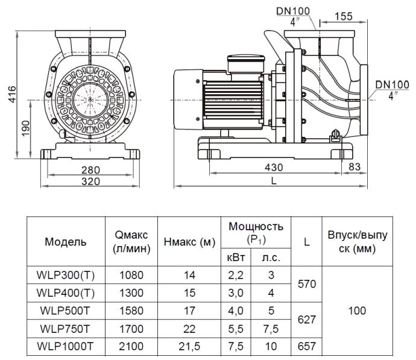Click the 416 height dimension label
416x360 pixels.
(12, 94)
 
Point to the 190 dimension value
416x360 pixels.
(26, 128)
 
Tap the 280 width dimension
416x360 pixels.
(90, 170)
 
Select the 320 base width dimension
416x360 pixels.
(90, 182)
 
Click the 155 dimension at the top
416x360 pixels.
(344, 16)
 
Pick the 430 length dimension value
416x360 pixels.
(274, 168)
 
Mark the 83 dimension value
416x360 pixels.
(355, 166)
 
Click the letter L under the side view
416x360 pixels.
(274, 181)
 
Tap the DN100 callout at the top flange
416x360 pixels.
(293, 11)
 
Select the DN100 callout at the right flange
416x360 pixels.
(392, 84)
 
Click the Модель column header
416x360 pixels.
(66, 242)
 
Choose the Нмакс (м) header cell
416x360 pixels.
(189, 242)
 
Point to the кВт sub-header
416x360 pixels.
(236, 257)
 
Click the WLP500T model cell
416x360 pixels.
(65, 311)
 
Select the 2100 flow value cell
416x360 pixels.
(131, 346)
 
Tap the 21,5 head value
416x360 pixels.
(189, 346)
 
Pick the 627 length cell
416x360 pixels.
(307, 320)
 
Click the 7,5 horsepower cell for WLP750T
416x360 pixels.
(271, 329)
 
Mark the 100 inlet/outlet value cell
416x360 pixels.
(357, 311)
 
